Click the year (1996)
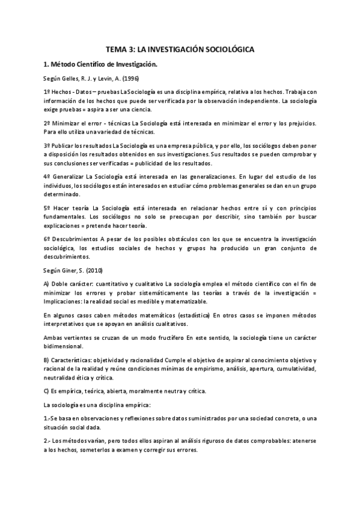click(129, 78)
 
